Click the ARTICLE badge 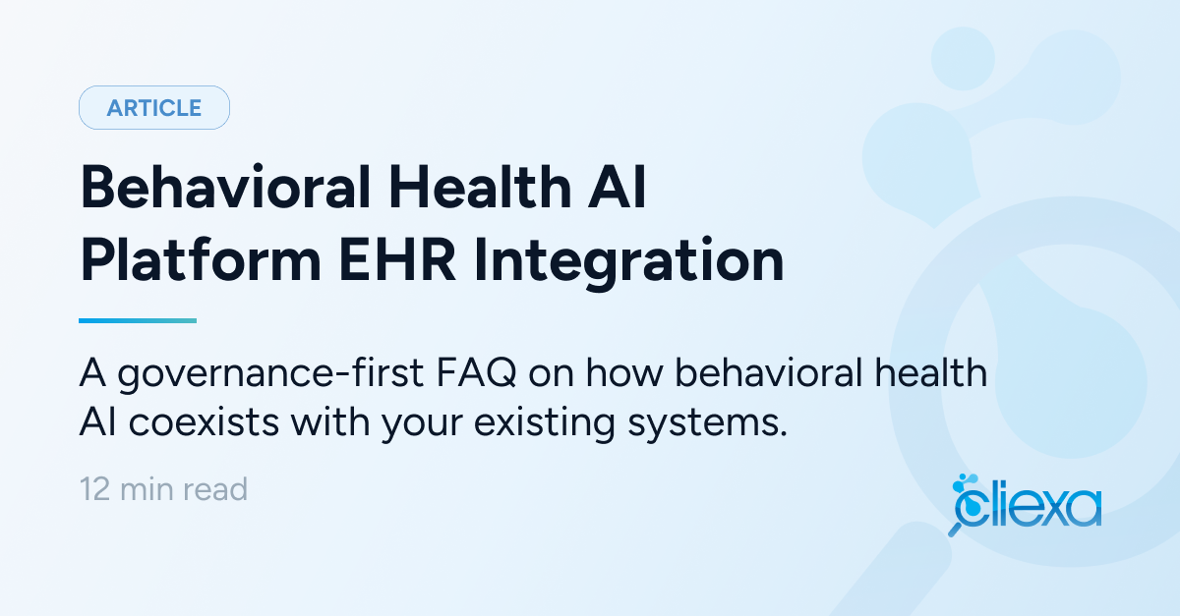click(x=154, y=107)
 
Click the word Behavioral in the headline click(x=225, y=187)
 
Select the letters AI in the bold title click(x=617, y=187)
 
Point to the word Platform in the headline click(x=201, y=260)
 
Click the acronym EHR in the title click(x=397, y=260)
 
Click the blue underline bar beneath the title click(x=138, y=320)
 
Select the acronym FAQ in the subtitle click(x=476, y=372)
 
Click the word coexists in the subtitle click(x=204, y=422)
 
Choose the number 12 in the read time click(x=94, y=489)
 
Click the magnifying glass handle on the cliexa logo click(x=955, y=529)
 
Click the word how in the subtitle click(x=624, y=372)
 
